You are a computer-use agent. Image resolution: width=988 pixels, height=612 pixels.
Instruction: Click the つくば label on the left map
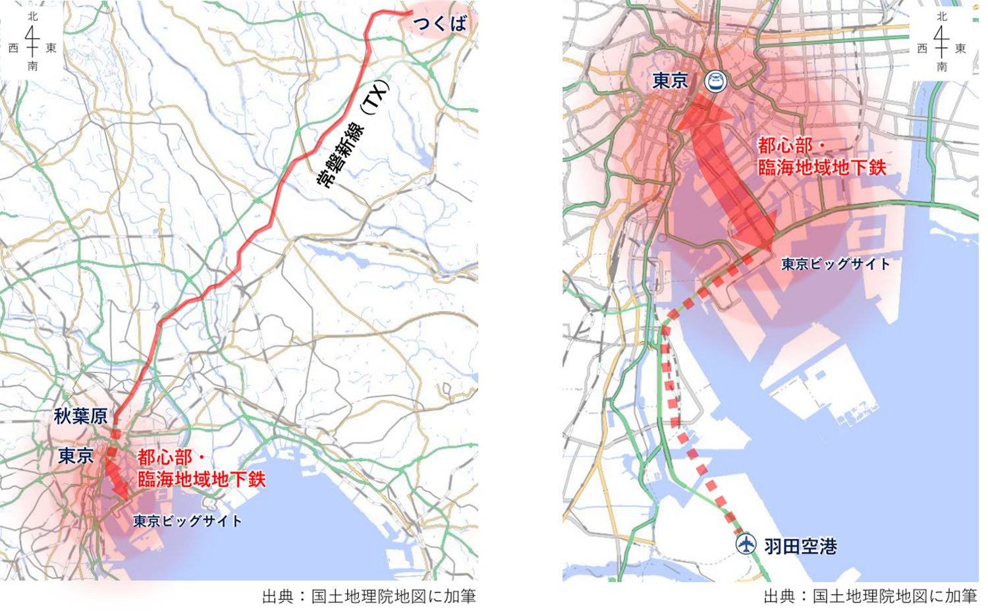(439, 24)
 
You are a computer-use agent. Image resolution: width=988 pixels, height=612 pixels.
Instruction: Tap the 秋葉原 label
(80, 416)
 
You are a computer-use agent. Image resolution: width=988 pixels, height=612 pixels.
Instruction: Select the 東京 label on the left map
(76, 456)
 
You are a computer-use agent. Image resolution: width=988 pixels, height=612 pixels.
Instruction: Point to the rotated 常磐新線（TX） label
(353, 134)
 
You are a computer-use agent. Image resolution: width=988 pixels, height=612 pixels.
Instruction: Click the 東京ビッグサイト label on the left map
(188, 521)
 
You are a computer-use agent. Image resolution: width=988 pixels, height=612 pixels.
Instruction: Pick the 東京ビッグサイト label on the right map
(835, 264)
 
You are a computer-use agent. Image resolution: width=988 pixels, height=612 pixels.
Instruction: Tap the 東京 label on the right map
(670, 81)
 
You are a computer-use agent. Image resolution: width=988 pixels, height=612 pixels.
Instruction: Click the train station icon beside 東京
(715, 82)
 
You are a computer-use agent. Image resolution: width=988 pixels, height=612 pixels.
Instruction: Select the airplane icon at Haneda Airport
(746, 545)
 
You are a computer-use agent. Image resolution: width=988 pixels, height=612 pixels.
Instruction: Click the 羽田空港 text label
(800, 546)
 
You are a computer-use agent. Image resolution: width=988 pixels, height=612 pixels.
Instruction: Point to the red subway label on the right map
(821, 157)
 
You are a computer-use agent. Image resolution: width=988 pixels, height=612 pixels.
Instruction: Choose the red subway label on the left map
(201, 468)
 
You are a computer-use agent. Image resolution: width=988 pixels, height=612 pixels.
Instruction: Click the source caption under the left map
(369, 596)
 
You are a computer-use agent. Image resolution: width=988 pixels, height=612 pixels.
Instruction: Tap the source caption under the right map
(870, 596)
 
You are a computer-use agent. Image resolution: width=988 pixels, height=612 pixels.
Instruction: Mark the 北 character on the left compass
(32, 16)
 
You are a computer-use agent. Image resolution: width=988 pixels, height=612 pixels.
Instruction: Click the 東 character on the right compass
(960, 48)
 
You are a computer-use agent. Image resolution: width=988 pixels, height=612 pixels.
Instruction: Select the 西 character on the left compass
(13, 48)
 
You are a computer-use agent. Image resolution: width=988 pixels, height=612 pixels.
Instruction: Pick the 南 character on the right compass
(942, 67)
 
